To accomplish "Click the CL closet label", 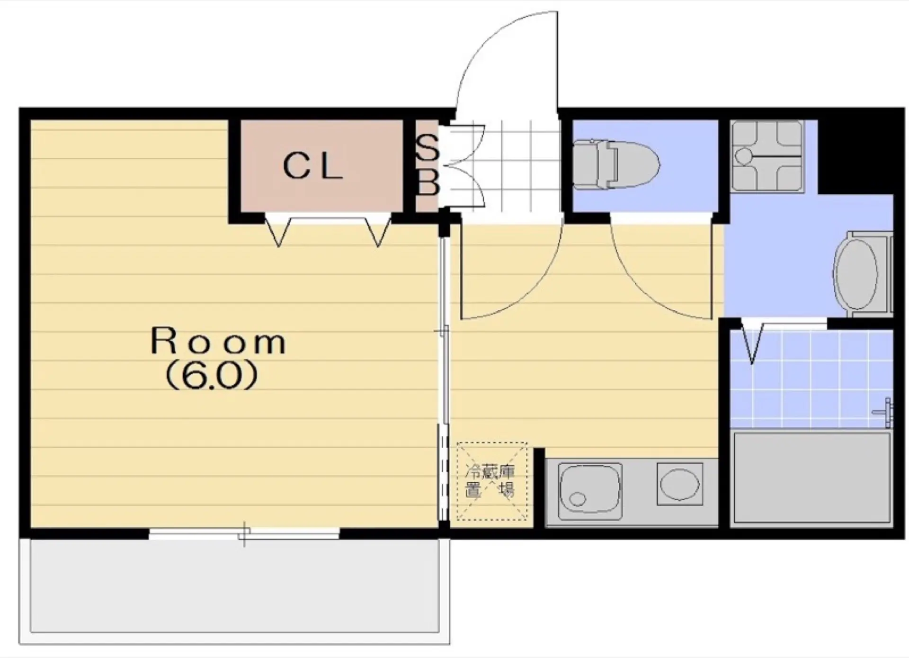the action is coord(312,167).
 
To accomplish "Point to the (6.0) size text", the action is coord(212,376).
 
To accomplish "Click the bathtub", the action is coord(811,478).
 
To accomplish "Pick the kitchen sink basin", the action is coord(590,491).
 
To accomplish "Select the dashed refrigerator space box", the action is coord(491,481).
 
